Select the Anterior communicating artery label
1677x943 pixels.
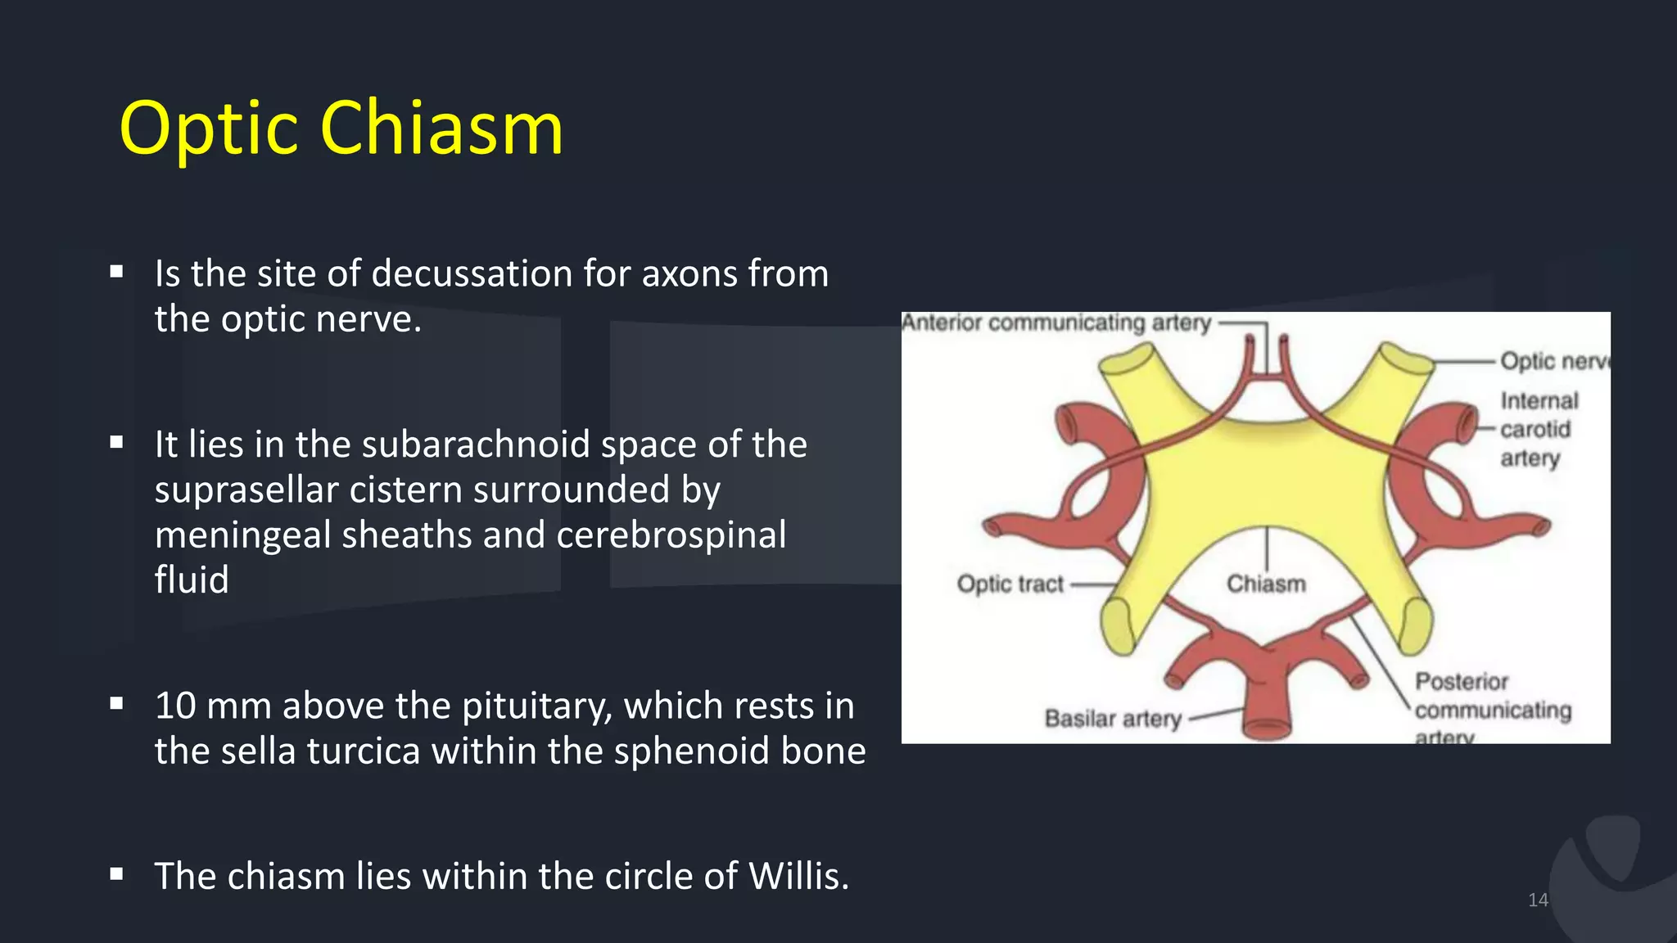click(x=1056, y=323)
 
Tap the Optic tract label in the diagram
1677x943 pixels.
click(x=1010, y=584)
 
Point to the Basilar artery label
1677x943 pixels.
click(x=1113, y=719)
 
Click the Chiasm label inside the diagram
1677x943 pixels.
click(x=1266, y=584)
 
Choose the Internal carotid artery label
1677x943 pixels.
click(x=1537, y=430)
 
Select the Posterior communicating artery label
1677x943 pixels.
click(x=1492, y=709)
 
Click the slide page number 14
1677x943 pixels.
click(x=1538, y=900)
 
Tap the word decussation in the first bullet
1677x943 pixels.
click(x=472, y=274)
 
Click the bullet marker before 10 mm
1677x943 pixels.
click(x=116, y=703)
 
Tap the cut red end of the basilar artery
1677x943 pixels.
click(x=1267, y=727)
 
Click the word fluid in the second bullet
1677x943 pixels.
click(x=192, y=580)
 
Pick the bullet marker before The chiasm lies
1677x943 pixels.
click(x=116, y=874)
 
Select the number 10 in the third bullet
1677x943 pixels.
click(x=174, y=706)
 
